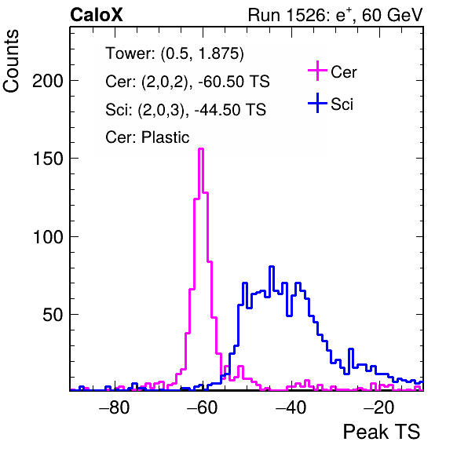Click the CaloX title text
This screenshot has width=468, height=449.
97,15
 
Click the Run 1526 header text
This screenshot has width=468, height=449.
335,15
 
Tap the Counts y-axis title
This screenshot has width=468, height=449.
11,61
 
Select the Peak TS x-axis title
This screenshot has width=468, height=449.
381,432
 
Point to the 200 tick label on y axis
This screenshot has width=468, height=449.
48,81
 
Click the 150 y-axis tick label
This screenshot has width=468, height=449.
48,159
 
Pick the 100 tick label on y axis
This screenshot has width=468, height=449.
48,237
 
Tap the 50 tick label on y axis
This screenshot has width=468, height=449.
53,315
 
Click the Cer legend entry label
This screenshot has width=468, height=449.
343,72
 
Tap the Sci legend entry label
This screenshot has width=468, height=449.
342,104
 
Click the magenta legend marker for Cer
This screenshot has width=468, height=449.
317,71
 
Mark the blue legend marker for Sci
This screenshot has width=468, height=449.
317,103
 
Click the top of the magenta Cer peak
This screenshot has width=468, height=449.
201,148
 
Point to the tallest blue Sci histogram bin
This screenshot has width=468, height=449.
272,266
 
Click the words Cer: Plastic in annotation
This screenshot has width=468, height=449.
148,137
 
